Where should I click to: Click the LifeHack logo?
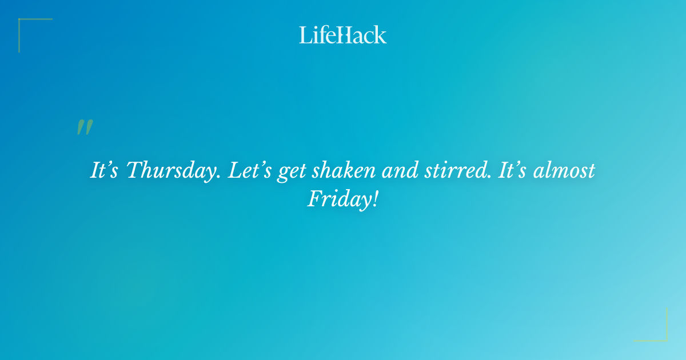click(x=343, y=35)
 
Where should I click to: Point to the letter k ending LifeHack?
click(x=380, y=35)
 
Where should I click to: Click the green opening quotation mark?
click(x=85, y=127)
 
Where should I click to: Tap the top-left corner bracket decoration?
click(x=23, y=23)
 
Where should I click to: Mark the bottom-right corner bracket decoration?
click(x=663, y=337)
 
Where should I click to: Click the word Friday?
click(x=338, y=199)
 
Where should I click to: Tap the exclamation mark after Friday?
click(x=375, y=198)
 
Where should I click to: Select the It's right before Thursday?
click(x=105, y=171)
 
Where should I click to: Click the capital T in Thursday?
click(x=133, y=170)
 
